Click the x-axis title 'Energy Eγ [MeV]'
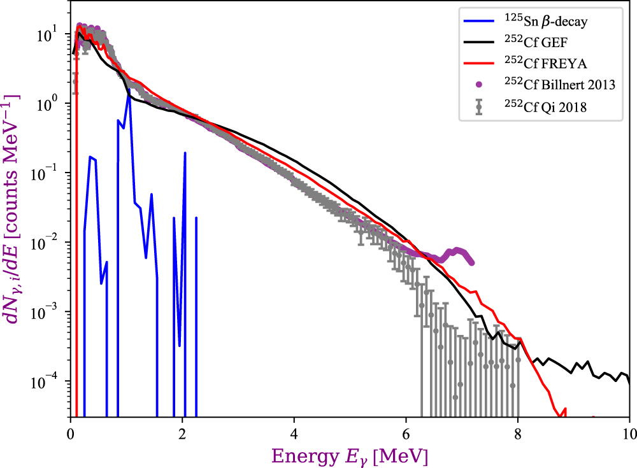(350, 456)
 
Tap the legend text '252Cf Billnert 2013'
(553, 86)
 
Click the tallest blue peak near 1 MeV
(129, 96)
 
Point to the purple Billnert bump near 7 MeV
(455, 251)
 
